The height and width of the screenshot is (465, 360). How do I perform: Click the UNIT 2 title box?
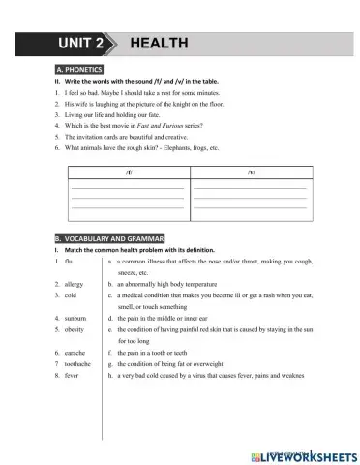click(x=84, y=44)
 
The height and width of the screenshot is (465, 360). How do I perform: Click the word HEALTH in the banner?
click(x=161, y=44)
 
